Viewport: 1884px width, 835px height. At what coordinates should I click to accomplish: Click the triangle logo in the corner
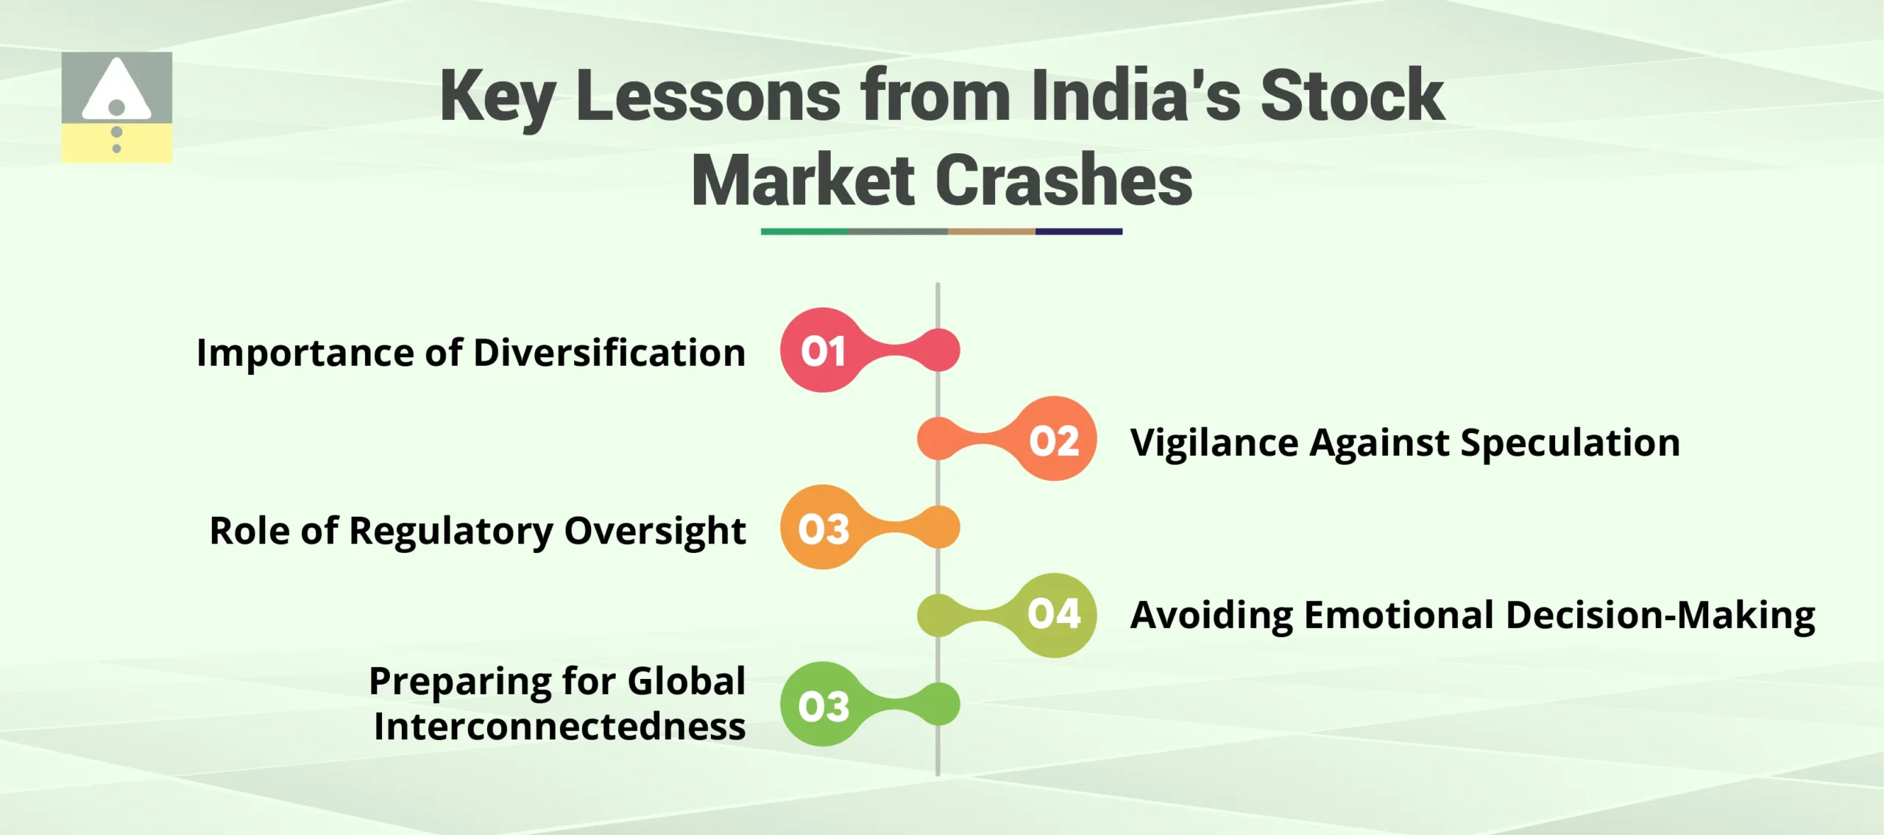click(116, 107)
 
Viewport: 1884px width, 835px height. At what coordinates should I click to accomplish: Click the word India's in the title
click(1136, 96)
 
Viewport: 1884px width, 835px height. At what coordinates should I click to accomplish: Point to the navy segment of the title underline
click(1078, 231)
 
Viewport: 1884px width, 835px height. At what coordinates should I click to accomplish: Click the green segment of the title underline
click(804, 231)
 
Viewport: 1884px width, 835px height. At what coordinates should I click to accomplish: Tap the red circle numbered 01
click(823, 350)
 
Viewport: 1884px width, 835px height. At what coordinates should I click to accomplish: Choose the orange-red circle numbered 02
click(1055, 440)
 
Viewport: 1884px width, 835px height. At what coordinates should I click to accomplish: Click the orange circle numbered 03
click(823, 528)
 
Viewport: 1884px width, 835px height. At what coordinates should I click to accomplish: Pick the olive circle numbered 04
click(1055, 616)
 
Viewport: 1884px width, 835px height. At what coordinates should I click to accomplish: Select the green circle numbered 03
click(823, 705)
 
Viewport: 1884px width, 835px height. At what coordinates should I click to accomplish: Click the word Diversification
click(609, 352)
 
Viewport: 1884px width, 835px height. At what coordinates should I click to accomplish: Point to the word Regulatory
click(451, 531)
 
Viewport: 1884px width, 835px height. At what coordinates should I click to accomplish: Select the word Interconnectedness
click(559, 726)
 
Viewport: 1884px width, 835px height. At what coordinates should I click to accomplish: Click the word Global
click(686, 680)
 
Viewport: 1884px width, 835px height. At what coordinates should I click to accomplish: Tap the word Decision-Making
click(1660, 616)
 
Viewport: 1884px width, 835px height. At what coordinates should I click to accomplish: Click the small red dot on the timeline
click(939, 350)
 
